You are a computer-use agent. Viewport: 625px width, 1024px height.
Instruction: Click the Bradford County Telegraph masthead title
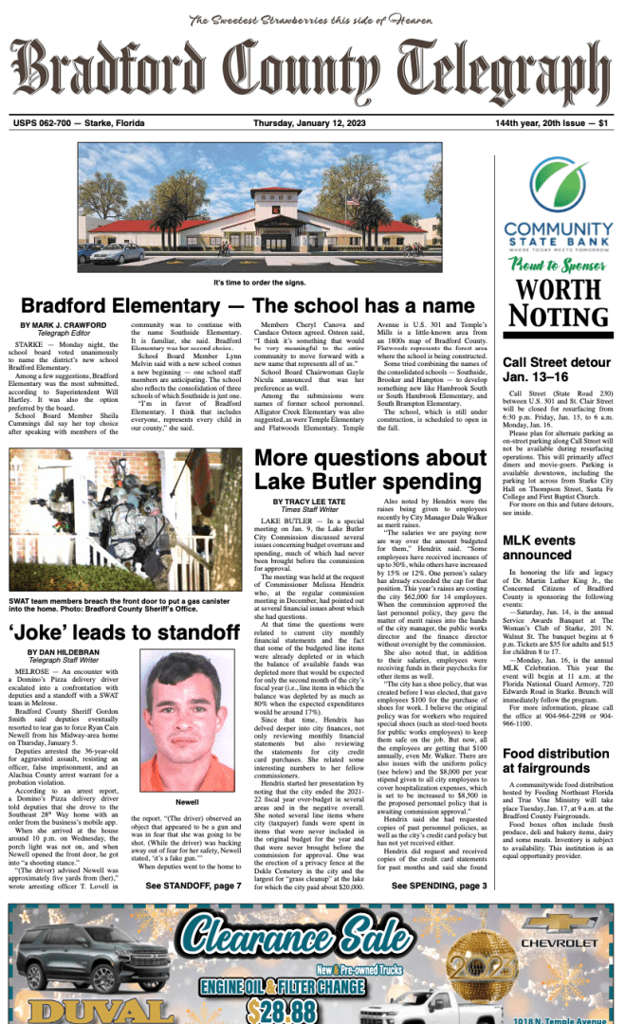[x=312, y=71]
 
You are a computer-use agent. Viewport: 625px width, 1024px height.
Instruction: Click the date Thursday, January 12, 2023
[x=312, y=122]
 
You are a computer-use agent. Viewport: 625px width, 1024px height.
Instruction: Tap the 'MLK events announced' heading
[x=537, y=548]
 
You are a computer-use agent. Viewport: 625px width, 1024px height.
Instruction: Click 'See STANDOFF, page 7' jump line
[x=193, y=886]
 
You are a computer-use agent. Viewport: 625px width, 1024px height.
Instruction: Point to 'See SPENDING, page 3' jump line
[x=438, y=886]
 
